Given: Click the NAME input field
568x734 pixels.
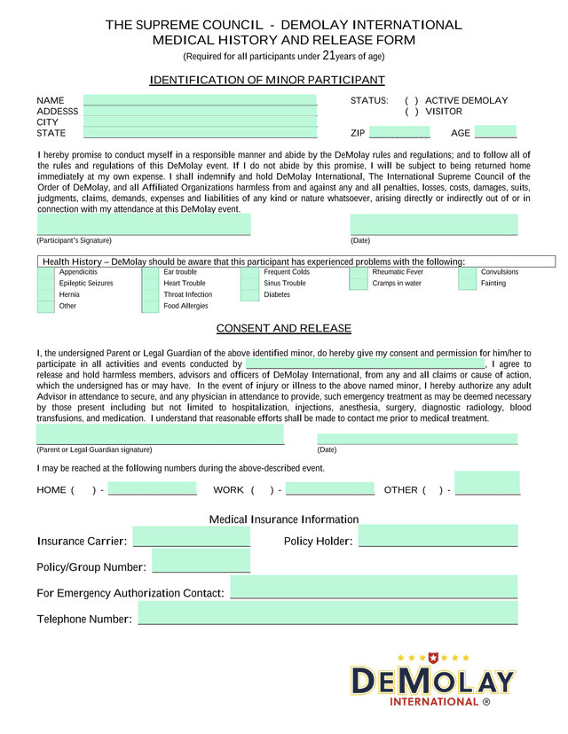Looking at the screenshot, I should pos(200,100).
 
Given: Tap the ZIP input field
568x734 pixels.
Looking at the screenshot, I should pos(399,133).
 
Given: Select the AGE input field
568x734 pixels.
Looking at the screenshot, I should pos(495,133).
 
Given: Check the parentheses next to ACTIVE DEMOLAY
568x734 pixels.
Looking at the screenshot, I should pos(412,101).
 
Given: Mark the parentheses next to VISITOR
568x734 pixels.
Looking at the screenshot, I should pos(412,113).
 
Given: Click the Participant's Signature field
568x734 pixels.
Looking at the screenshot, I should pos(143,225).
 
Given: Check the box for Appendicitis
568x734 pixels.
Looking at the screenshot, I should pos(45,273).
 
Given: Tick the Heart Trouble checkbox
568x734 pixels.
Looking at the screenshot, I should pos(150,285).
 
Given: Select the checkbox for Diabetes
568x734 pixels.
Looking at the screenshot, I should pos(249,295).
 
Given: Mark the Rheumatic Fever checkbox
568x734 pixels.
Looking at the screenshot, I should pos(359,273).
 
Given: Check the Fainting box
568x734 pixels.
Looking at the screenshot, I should pos(468,285).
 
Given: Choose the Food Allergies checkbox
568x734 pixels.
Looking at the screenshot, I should pos(150,307).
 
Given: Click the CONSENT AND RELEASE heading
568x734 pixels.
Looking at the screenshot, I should pos(284,329).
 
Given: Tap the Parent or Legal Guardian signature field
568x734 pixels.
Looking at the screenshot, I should pos(160,434).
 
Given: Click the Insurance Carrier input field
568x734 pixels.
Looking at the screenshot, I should pos(191,536).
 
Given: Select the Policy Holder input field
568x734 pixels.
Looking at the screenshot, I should pos(438,536).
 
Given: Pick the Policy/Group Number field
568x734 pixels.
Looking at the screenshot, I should pos(201,562).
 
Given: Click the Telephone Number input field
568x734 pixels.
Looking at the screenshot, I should pos(327,613).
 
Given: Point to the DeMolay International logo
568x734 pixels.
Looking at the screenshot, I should pos(433,680).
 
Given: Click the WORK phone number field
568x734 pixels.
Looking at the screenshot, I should pos(330,489).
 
